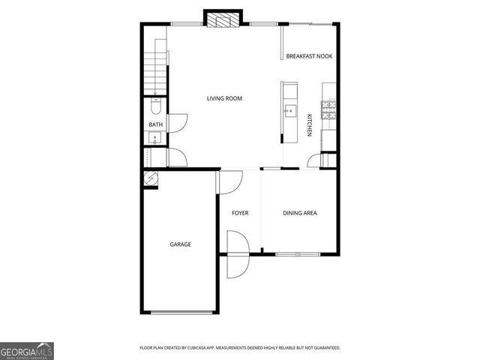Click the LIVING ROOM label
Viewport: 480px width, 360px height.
pos(224,98)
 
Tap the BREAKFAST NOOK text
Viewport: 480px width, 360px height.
pos(309,56)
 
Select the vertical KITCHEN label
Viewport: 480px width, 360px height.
pos(309,124)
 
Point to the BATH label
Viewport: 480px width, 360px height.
pos(155,124)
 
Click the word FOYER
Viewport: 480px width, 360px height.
pos(240,213)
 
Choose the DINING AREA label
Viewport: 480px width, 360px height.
pos(299,213)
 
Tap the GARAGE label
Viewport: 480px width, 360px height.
pos(180,244)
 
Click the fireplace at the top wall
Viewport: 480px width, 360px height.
pos(223,20)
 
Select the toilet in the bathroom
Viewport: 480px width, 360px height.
pos(155,105)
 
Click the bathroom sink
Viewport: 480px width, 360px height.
pos(154,137)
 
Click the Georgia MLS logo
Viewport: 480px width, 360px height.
pos(26,350)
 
